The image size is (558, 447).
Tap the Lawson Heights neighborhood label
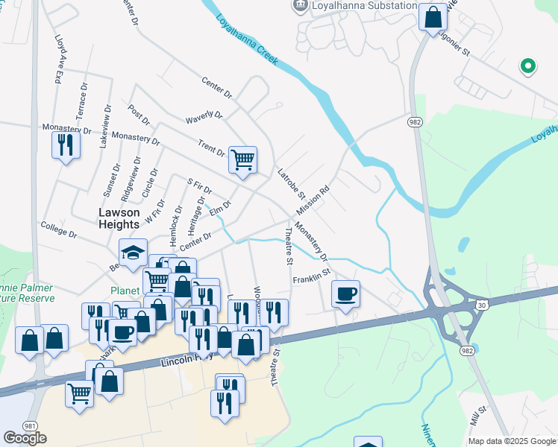pyautogui.click(x=119, y=218)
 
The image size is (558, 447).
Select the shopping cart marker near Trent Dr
pyautogui.click(x=242, y=159)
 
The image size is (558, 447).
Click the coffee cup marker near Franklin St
pyautogui.click(x=345, y=294)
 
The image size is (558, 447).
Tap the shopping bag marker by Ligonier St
pyautogui.click(x=433, y=16)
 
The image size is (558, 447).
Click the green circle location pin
pyautogui.click(x=528, y=66)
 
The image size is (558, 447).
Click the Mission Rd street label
pyautogui.click(x=313, y=200)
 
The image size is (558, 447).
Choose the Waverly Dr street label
pyautogui.click(x=204, y=117)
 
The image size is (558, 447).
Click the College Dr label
pyautogui.click(x=59, y=229)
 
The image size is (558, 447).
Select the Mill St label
pyautogui.click(x=478, y=417)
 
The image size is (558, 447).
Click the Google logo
pyautogui.click(x=25, y=438)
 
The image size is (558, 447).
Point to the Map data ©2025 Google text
pyautogui.click(x=512, y=441)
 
